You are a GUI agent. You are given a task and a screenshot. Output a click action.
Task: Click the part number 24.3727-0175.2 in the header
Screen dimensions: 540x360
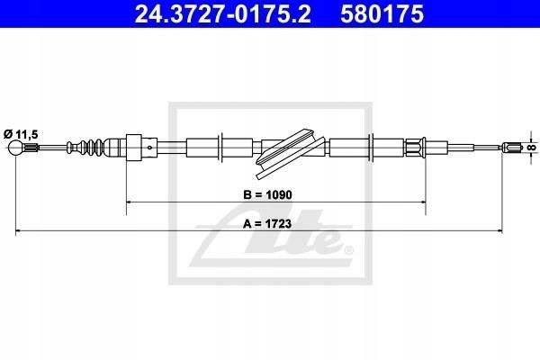222,13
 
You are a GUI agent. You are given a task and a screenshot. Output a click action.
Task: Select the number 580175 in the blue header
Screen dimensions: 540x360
382,13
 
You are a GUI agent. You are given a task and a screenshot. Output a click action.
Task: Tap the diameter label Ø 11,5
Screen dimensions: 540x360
21,134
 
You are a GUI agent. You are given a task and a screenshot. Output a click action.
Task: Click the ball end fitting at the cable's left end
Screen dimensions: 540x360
15,148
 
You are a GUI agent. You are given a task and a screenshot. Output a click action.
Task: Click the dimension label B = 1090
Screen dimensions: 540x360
267,194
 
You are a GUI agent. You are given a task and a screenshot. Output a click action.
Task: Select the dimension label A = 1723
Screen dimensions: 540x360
267,224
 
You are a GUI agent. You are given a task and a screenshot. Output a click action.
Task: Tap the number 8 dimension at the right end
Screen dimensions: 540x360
533,148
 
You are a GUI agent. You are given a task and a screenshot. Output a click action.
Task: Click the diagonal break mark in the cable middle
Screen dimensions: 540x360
290,153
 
